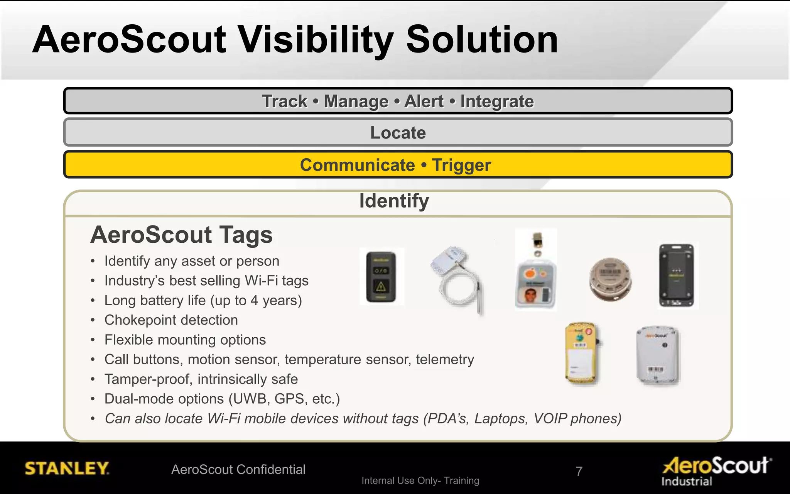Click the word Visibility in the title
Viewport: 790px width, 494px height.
[x=316, y=40]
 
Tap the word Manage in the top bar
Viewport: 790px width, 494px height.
[x=356, y=102]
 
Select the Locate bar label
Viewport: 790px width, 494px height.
[x=398, y=133]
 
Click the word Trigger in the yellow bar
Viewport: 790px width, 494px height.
[x=461, y=165]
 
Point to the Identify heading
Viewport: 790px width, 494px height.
[x=394, y=201]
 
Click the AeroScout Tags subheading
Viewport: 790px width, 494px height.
[x=181, y=235]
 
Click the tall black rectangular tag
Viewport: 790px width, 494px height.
[x=678, y=275]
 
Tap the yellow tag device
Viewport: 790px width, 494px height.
[x=581, y=354]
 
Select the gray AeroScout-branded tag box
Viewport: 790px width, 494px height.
[x=658, y=355]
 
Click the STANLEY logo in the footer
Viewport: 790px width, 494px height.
[x=67, y=469]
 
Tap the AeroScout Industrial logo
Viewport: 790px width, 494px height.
[x=717, y=470]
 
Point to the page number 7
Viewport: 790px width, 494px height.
[x=579, y=471]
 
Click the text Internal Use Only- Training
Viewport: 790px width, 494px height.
[x=420, y=480]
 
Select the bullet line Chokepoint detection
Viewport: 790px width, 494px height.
[x=171, y=320]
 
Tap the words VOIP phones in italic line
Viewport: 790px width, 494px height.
[x=577, y=418]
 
